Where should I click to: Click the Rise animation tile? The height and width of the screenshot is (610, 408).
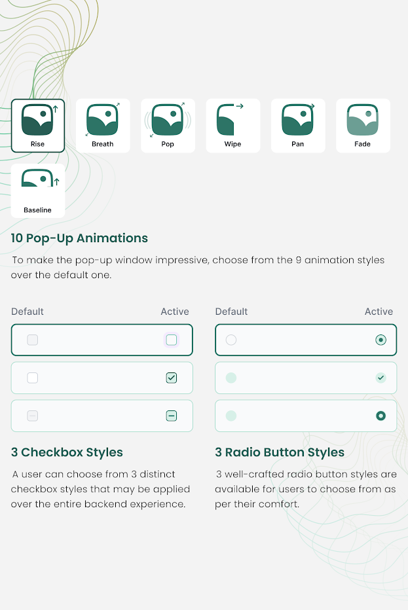38,126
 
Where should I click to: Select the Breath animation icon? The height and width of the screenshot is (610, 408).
102,119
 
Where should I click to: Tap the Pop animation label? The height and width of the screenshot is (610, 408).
168,144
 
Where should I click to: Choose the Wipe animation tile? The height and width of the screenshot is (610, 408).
232,126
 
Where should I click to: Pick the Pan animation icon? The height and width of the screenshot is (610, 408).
297,119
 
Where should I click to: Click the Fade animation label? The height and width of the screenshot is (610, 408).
362,144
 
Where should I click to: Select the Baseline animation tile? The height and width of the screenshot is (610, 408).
38,190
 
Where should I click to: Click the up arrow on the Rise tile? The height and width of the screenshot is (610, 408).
55,109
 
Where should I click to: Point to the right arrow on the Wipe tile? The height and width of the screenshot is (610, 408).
240,106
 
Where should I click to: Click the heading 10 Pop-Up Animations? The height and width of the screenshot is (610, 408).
79,238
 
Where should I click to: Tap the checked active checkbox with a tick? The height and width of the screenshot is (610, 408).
172,378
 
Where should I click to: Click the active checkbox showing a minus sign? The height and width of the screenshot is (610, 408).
172,416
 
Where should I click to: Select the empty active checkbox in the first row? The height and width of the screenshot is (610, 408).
172,340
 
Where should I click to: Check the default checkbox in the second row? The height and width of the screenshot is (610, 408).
32,378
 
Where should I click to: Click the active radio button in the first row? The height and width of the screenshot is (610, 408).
380,340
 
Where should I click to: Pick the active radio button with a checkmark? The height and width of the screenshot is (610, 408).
380,378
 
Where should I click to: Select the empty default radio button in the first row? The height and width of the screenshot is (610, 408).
231,340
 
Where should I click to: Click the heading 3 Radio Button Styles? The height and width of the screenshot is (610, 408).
280,452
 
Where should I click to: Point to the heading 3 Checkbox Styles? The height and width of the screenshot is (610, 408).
67,452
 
